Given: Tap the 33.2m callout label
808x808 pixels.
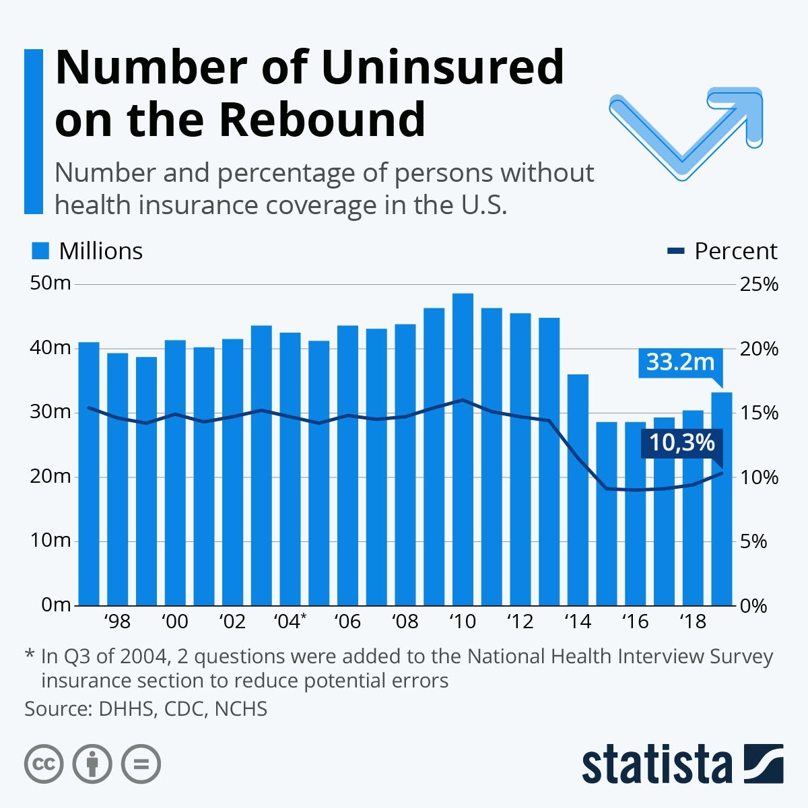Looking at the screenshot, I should pos(680,362).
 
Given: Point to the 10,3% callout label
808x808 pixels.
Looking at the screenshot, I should pos(681,443).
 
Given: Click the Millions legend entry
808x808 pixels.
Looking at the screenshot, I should pos(88,251).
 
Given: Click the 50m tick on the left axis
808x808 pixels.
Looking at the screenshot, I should pos(51,283).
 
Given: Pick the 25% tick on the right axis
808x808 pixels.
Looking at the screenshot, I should pos(758,284).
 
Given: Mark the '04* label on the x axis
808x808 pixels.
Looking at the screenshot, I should pos(290,621).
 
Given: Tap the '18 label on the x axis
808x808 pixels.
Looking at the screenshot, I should pos(692,621).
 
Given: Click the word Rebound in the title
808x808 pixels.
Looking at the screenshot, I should pos(322,119).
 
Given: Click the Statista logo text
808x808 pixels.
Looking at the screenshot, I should pos(656,766).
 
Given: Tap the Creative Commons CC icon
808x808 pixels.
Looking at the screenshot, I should pos(44,764).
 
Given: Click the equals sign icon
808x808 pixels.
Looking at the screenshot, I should pos(141,764).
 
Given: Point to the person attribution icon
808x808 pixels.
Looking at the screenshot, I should pos(92,764).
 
